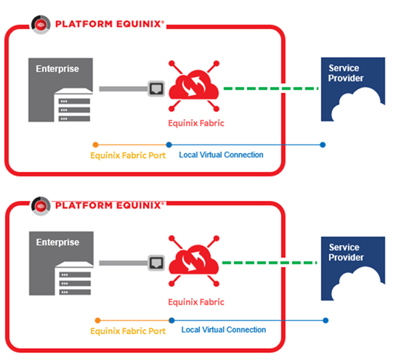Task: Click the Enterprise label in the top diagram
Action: point(57,69)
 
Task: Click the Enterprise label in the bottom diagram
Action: point(58,242)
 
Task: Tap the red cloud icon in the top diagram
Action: point(194,86)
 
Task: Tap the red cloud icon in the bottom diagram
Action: point(194,261)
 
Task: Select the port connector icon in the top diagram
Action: point(156,89)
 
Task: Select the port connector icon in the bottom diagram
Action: point(156,263)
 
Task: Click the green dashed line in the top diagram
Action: point(271,89)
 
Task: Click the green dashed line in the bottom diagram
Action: point(270,263)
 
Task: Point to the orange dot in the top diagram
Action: point(95,145)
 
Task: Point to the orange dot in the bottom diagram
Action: point(97,320)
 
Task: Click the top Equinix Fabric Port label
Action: point(128,155)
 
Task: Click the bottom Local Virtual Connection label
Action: point(224,330)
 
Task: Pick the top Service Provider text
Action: point(346,73)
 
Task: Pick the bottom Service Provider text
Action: point(346,253)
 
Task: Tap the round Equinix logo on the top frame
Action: point(41,25)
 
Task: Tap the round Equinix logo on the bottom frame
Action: point(41,206)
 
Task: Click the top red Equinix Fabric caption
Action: point(196,123)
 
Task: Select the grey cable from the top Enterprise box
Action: point(123,89)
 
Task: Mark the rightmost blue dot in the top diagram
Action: point(323,145)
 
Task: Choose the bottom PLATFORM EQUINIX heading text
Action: point(109,205)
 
